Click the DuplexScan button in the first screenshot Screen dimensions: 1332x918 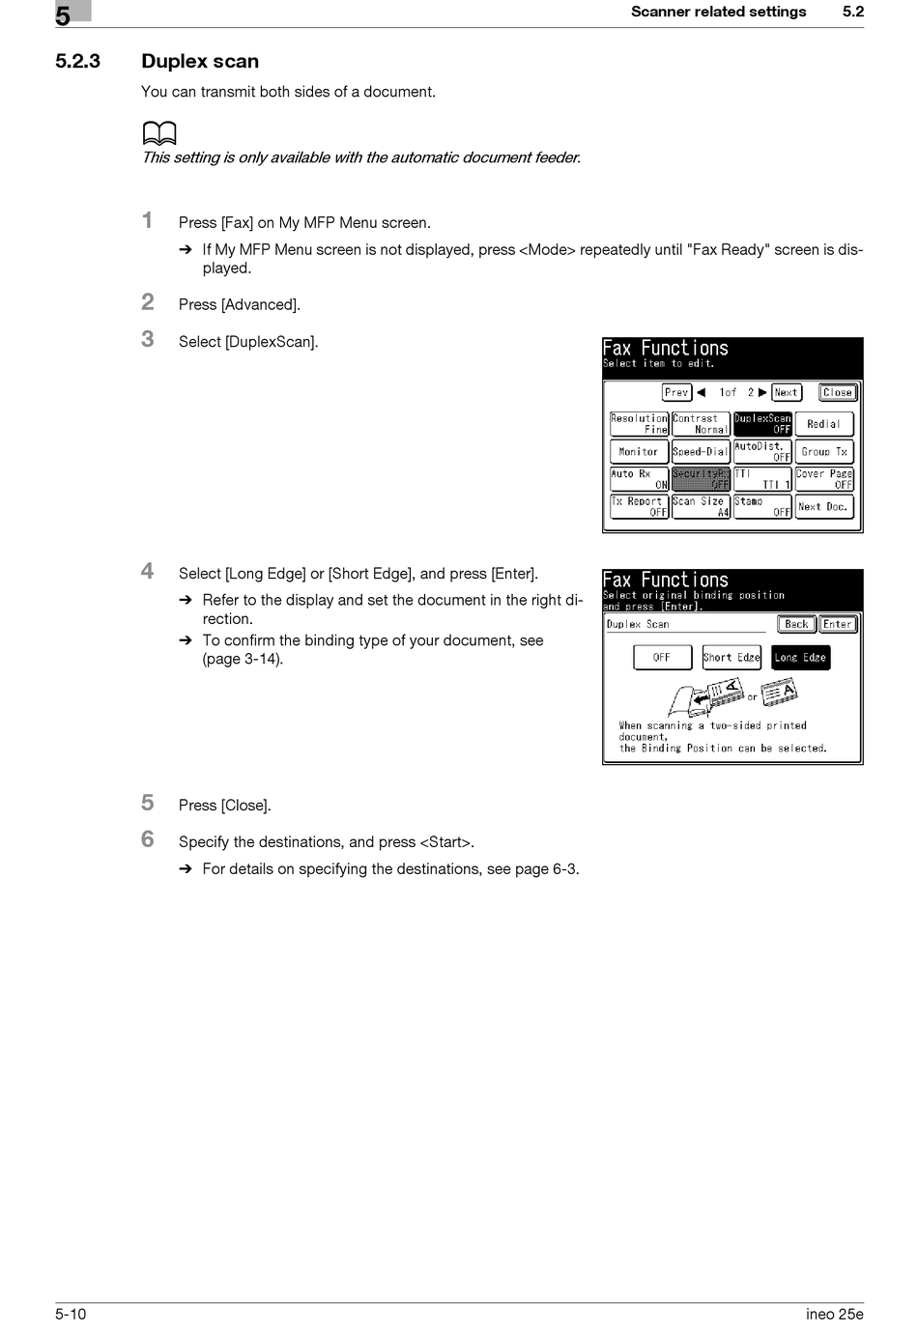tap(762, 424)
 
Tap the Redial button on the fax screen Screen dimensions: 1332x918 tap(823, 424)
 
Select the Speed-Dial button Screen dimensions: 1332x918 tap(700, 452)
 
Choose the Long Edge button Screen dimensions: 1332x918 tap(800, 658)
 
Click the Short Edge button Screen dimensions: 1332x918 tap(732, 658)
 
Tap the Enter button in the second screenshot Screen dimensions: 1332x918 tap(838, 625)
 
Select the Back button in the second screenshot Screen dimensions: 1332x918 tap(796, 625)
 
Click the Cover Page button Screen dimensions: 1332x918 tap(824, 479)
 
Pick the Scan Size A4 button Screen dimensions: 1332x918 tap(701, 507)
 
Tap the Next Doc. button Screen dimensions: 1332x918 tap(823, 507)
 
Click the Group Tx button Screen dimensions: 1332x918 tap(823, 452)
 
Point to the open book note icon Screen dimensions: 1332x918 tap(159, 134)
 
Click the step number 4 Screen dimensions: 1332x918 tap(148, 571)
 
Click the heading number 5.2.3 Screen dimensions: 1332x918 tap(78, 62)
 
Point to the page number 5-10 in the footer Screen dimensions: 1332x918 tap(71, 1314)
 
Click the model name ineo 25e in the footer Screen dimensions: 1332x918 tap(834, 1314)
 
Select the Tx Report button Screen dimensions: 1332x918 tap(639, 507)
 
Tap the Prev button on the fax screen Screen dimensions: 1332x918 tap(676, 392)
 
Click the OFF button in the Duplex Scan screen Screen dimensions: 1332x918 tap(662, 658)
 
